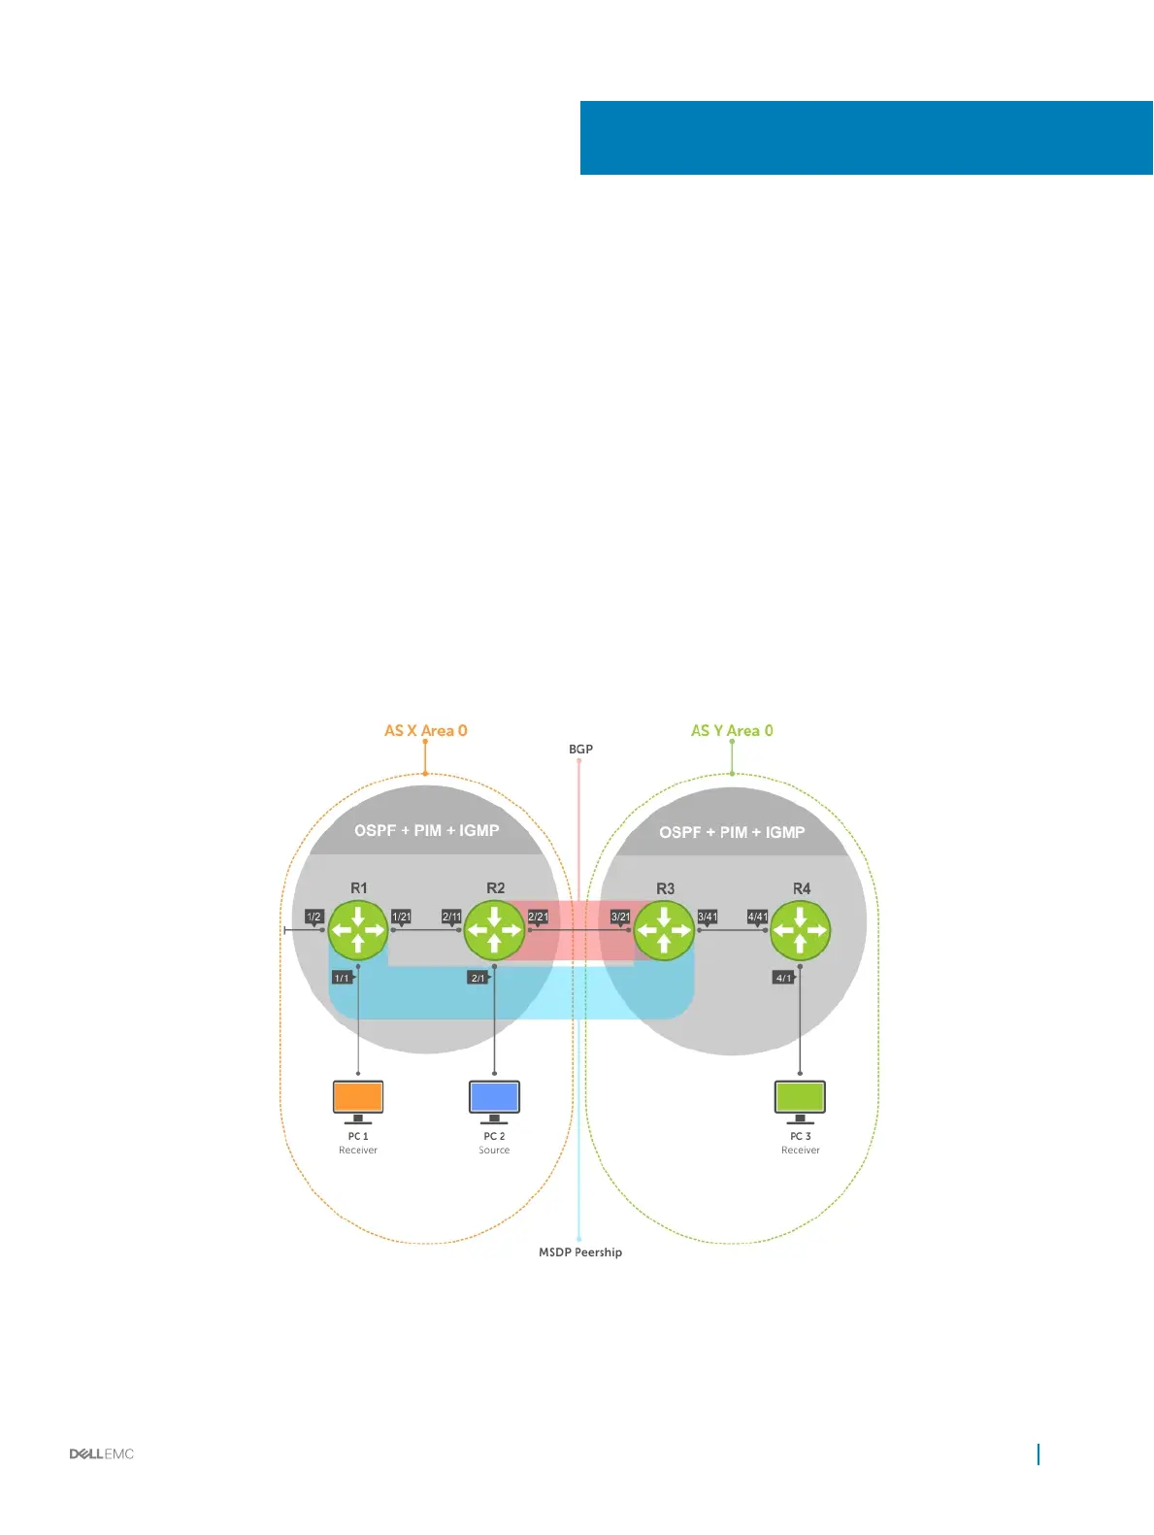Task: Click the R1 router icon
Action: (358, 929)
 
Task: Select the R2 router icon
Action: (494, 929)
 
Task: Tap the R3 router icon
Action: (664, 929)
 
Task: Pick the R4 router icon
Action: (800, 929)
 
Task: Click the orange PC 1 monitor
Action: (358, 1098)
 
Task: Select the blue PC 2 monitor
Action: (494, 1098)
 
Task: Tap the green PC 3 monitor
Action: (800, 1098)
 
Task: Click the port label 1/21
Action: (401, 917)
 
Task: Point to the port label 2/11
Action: (451, 917)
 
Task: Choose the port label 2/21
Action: (538, 917)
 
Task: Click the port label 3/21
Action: (620, 917)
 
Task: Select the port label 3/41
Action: (708, 917)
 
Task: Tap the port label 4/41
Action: (757, 917)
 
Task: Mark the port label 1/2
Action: (313, 917)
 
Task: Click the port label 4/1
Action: (783, 978)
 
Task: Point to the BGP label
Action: (580, 749)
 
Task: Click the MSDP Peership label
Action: (580, 1252)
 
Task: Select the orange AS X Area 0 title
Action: (425, 730)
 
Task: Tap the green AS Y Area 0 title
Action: (732, 730)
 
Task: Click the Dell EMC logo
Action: (102, 1453)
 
